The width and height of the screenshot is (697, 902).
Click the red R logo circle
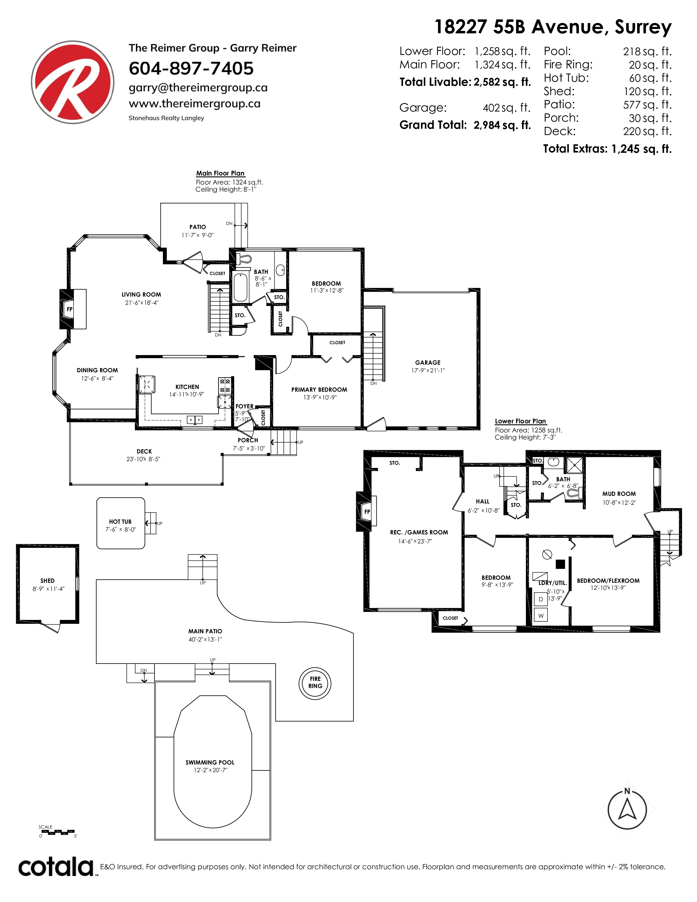pyautogui.click(x=73, y=82)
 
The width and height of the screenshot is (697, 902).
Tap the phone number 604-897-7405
pyautogui.click(x=191, y=69)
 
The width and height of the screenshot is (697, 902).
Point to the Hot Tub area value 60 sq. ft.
pyautogui.click(x=650, y=78)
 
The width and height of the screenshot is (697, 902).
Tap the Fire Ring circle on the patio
pyautogui.click(x=315, y=682)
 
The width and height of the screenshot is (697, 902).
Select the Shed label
pyautogui.click(x=48, y=581)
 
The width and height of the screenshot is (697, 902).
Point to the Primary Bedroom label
pyautogui.click(x=319, y=389)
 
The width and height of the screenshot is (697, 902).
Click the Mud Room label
pyautogui.click(x=619, y=494)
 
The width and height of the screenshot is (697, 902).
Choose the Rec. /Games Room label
pyautogui.click(x=419, y=532)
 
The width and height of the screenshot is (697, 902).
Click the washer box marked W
pyautogui.click(x=541, y=615)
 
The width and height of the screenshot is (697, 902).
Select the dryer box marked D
pyautogui.click(x=541, y=599)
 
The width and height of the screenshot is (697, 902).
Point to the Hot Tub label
pyautogui.click(x=120, y=522)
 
